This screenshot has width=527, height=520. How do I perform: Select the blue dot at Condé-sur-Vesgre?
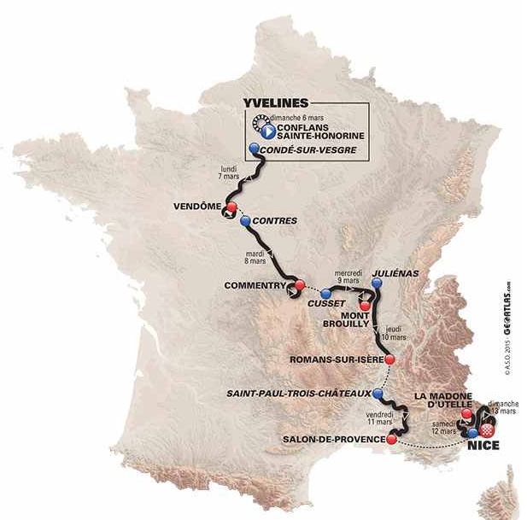pos(254,149)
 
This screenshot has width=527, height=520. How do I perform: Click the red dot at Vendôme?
pos(231,207)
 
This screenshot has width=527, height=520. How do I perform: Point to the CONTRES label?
pos(276,221)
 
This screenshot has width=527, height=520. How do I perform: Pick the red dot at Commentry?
pos(300,286)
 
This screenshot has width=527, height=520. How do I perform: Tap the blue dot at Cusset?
pos(325,295)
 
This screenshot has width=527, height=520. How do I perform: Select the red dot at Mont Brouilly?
pos(365,305)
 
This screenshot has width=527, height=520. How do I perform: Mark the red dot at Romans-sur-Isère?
pos(389,360)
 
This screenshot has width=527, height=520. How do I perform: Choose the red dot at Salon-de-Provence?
pos(391,440)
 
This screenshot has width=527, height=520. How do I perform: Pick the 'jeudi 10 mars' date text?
pos(395,334)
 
